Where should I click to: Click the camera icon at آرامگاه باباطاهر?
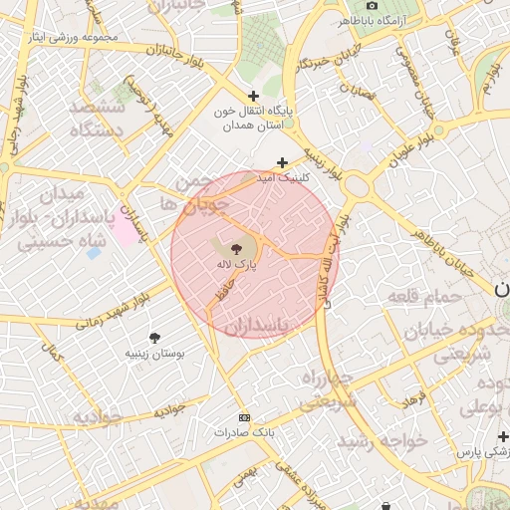tap(373, 5)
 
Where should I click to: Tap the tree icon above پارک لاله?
tap(237, 249)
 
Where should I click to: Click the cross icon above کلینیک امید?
tap(283, 162)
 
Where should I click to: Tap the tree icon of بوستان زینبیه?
tap(153, 338)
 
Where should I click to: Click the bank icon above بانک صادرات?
tap(244, 418)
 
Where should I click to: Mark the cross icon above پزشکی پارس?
tap(503, 436)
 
